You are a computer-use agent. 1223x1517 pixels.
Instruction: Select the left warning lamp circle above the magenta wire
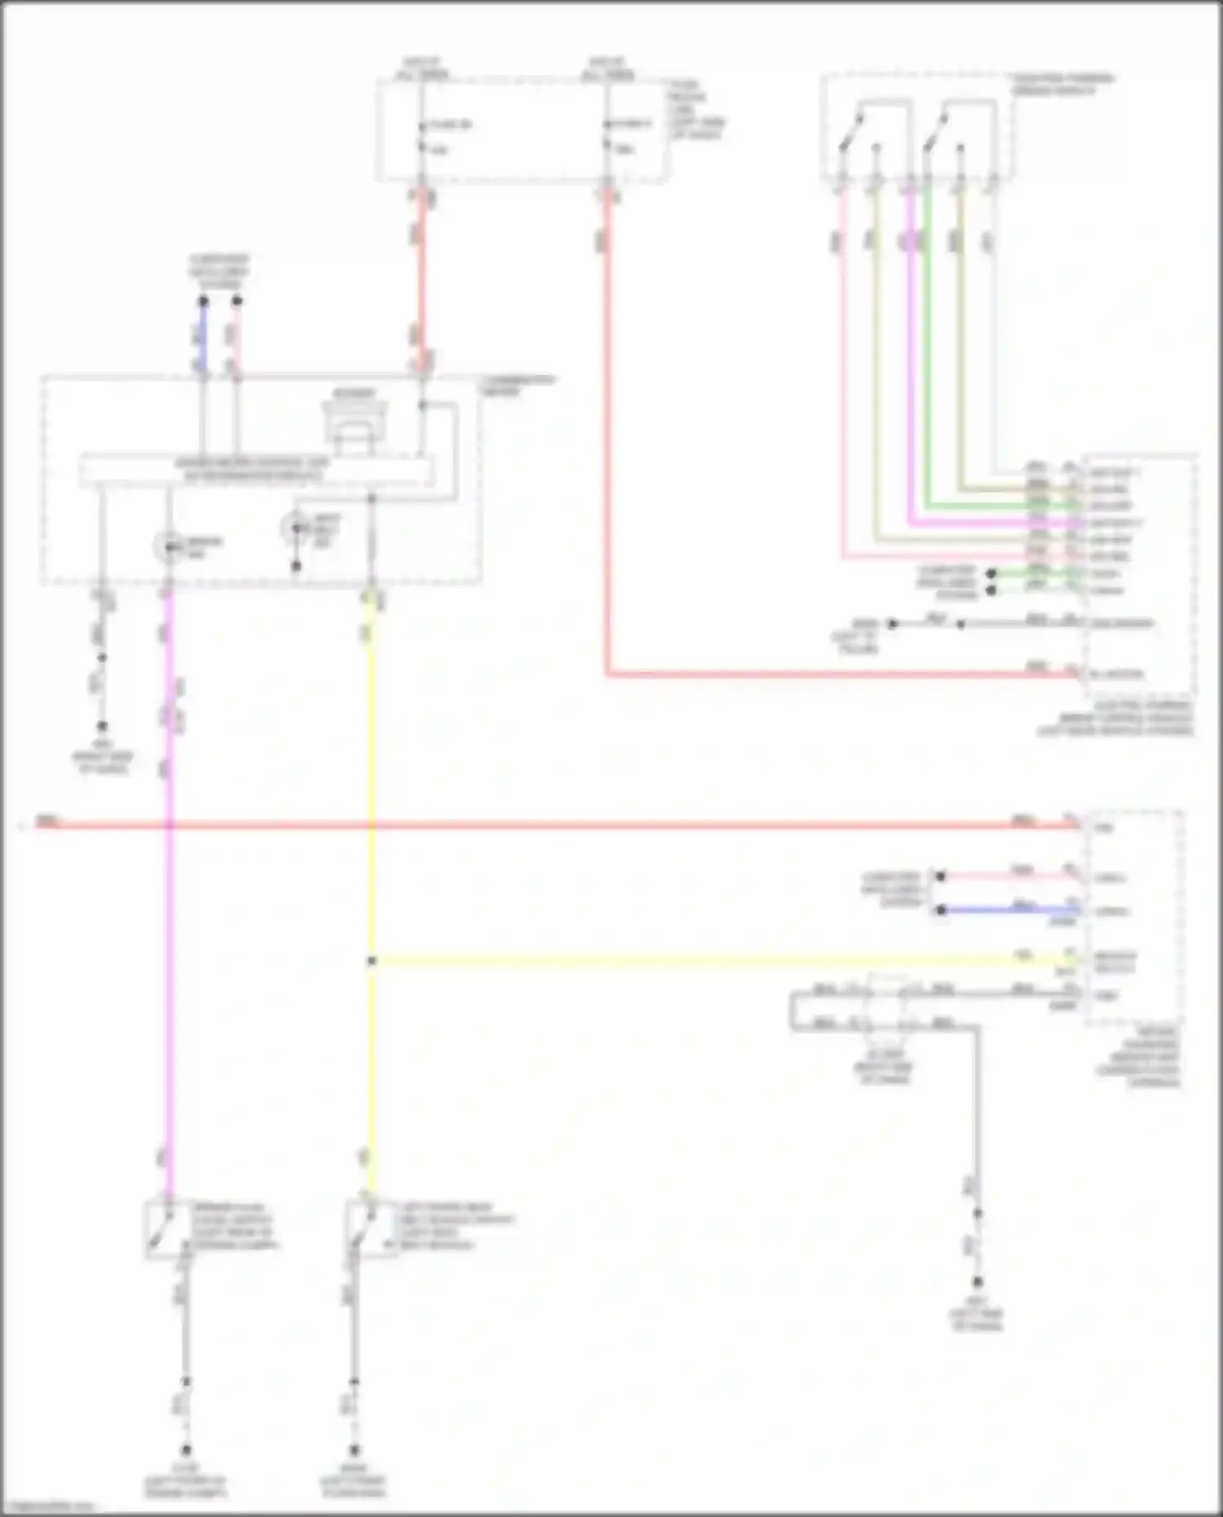pos(169,547)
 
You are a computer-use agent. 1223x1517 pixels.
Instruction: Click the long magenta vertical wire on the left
pos(169,978)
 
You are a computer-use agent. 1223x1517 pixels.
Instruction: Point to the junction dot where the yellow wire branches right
pos(371,961)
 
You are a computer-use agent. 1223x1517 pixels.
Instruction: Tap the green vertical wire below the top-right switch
pos(927,342)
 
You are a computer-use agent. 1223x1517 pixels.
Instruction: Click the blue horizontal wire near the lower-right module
pos(1011,910)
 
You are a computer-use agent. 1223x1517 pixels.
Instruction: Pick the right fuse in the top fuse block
pos(607,135)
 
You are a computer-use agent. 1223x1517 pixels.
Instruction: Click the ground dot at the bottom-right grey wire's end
pos(977,1282)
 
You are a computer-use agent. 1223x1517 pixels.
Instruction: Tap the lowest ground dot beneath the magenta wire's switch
pos(186,1450)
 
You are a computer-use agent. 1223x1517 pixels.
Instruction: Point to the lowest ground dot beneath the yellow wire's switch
pos(354,1450)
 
